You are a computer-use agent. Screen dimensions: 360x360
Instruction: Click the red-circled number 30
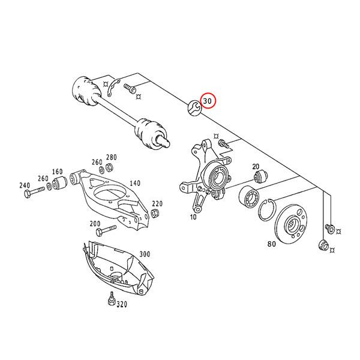[207, 101]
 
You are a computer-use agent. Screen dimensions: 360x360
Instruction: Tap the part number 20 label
[256, 167]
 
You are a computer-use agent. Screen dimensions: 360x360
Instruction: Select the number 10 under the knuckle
[193, 217]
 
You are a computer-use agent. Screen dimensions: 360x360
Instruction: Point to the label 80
[271, 245]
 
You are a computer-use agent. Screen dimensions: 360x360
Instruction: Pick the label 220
[157, 204]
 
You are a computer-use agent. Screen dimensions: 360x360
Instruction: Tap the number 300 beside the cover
[145, 254]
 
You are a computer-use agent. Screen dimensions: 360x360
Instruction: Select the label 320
[122, 305]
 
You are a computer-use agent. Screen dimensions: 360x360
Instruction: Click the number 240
[24, 185]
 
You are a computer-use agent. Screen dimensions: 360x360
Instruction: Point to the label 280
[111, 158]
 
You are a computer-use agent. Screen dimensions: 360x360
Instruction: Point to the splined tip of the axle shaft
[163, 142]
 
